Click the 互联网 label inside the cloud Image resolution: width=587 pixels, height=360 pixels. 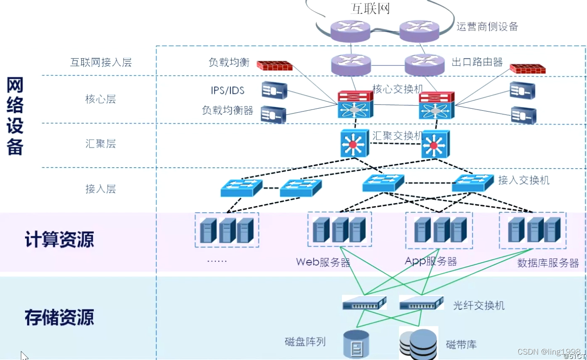(370, 8)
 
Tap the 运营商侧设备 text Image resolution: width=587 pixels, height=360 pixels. (487, 27)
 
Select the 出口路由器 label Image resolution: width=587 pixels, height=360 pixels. (477, 62)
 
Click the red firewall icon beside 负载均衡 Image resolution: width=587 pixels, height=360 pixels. (274, 66)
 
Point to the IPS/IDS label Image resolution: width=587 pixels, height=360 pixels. (227, 90)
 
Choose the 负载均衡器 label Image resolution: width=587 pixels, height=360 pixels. (227, 110)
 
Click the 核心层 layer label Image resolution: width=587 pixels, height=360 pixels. (100, 99)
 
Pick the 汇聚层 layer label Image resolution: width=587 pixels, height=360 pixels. (100, 144)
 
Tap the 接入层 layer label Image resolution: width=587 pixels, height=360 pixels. (100, 189)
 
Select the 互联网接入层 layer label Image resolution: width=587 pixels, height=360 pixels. (101, 63)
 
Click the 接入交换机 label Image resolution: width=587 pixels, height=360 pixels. (523, 180)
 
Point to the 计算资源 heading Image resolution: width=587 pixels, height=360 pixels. (59, 240)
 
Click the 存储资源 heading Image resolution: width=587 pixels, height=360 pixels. (59, 317)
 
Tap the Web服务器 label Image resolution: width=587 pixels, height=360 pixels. (323, 263)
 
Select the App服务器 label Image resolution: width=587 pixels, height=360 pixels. (431, 262)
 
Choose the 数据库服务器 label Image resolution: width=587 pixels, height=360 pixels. (548, 263)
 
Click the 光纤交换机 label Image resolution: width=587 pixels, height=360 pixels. (479, 306)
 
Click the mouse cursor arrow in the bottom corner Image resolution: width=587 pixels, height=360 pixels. (24, 356)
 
